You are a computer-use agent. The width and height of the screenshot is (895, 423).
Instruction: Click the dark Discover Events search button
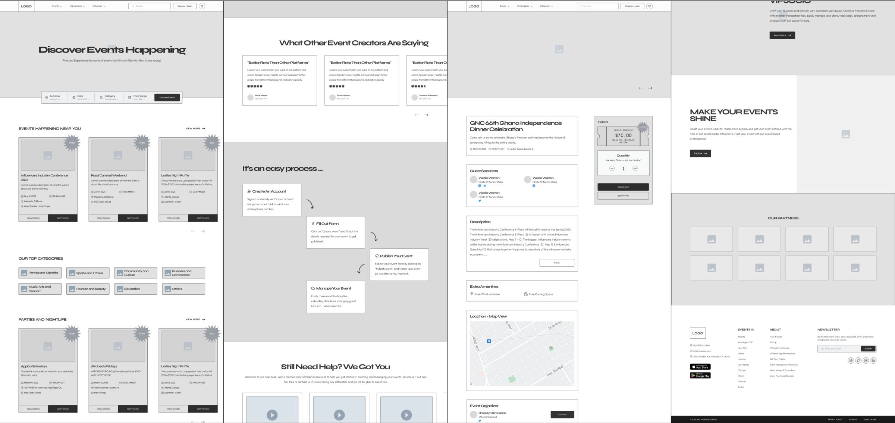click(167, 97)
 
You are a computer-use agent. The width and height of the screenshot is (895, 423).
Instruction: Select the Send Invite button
click(623, 195)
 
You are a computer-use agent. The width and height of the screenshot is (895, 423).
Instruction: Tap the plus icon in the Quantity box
click(635, 169)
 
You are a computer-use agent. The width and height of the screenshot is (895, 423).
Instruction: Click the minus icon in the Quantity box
click(612, 169)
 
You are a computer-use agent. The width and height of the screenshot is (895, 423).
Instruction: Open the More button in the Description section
click(556, 263)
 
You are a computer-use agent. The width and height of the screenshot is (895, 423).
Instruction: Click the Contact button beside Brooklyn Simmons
click(562, 414)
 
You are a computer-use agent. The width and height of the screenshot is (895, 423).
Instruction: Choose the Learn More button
click(782, 35)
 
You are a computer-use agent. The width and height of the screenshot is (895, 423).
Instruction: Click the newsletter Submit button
click(868, 348)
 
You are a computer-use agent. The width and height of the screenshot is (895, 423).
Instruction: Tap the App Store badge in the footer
click(700, 367)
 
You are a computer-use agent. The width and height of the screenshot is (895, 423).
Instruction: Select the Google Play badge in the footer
click(700, 375)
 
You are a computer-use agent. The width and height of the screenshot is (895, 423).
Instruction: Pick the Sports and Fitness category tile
click(88, 273)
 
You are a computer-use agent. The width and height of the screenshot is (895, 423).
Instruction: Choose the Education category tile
click(135, 289)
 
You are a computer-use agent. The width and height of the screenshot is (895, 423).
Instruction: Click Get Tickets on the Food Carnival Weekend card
click(133, 218)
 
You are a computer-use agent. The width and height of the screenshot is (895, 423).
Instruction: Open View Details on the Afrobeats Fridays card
click(103, 409)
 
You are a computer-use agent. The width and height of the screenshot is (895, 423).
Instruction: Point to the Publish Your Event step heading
click(396, 256)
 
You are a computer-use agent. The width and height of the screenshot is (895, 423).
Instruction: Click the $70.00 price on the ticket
click(623, 135)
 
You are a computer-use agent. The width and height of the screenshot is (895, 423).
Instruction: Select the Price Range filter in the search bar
click(139, 97)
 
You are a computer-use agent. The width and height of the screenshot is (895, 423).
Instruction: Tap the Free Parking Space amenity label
click(540, 294)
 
